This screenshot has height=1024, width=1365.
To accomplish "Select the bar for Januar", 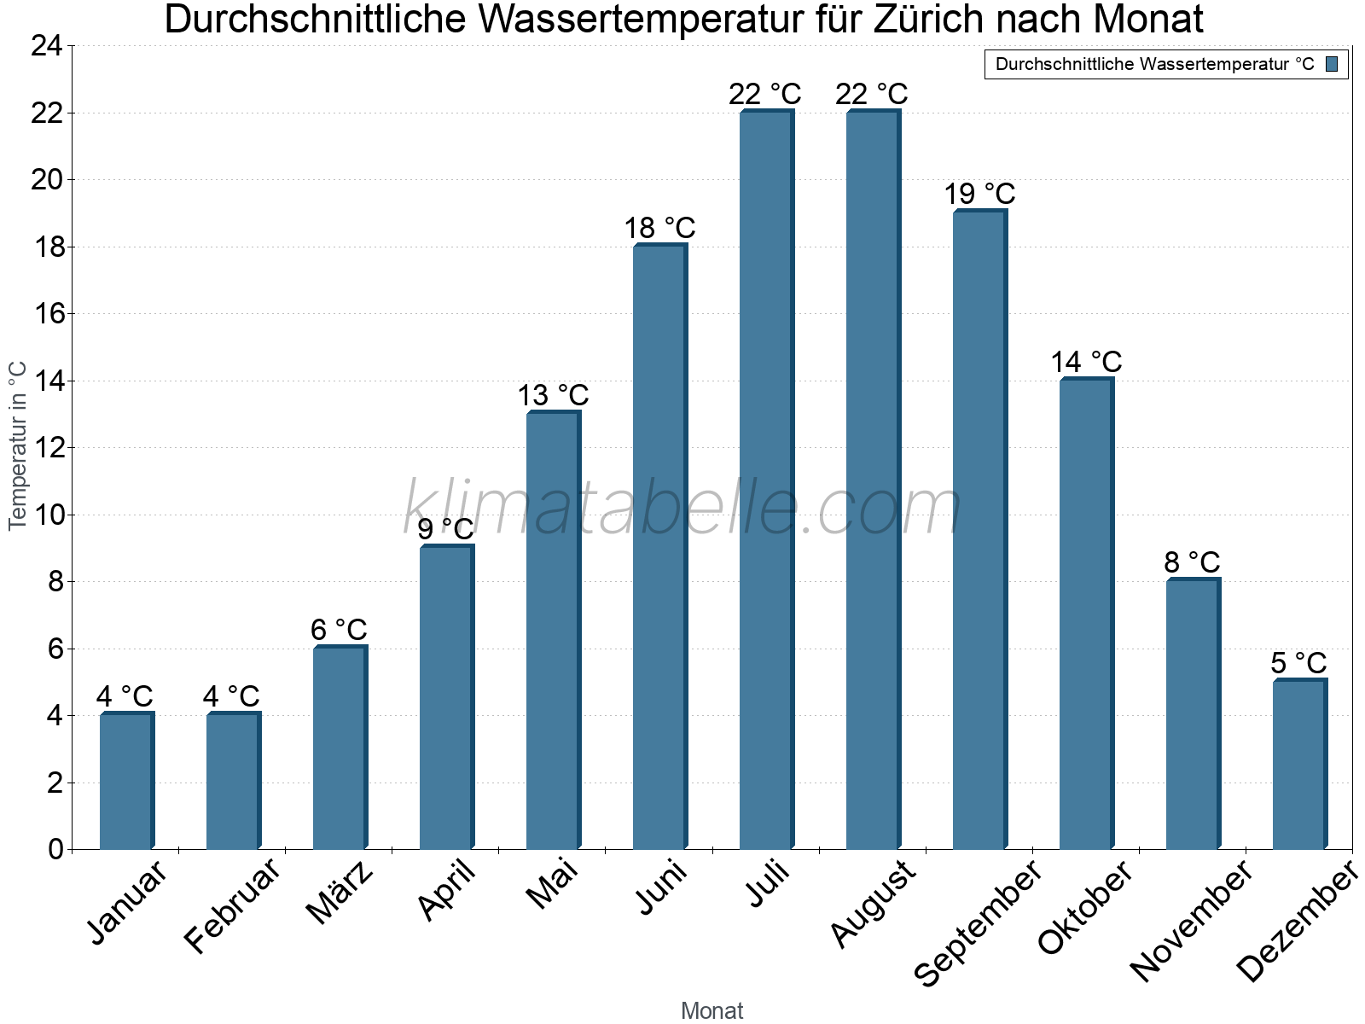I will coord(126,781).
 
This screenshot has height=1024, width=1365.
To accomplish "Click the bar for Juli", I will coord(766,480).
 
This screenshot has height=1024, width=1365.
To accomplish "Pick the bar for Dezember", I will coord(1299,765).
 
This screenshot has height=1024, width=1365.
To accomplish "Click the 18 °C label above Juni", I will coord(659,229).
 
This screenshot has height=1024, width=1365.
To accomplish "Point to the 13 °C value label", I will coord(553,396).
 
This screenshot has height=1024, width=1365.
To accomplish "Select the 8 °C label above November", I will coord(1192,563).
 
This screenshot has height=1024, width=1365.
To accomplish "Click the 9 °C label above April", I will coord(445,530).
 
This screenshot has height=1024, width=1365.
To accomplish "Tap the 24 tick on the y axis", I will coord(47,46).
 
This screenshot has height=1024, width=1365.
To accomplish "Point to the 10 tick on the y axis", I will coord(47,515).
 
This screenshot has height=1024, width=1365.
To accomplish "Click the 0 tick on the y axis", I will coord(55,849).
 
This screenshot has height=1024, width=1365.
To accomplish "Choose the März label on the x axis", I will coord(340,893).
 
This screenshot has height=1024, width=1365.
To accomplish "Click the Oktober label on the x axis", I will coord(1084,908).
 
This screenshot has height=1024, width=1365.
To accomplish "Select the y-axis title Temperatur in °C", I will coord(18,445).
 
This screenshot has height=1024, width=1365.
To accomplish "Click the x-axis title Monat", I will coord(712,1011).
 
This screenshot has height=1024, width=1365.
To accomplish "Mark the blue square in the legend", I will coord(1332,64).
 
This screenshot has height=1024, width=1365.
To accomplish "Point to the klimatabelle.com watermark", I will coord(682,509).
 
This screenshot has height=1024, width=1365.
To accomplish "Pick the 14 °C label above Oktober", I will coord(1085,363).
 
